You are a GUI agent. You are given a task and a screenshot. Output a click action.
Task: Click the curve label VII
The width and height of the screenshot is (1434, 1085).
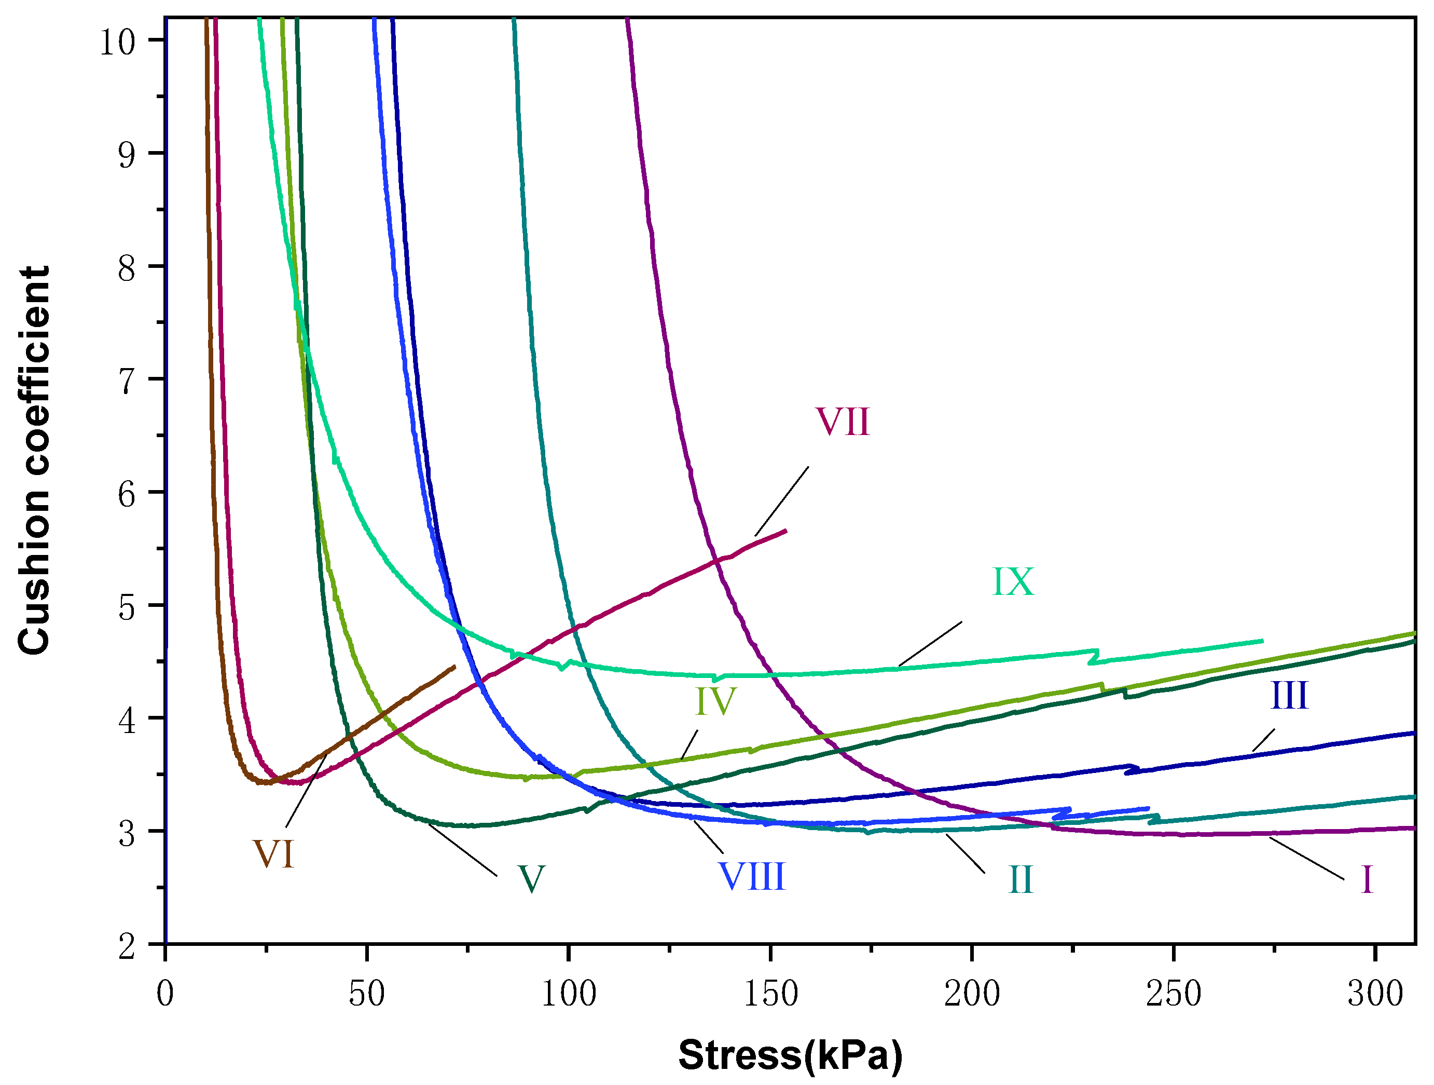(x=842, y=422)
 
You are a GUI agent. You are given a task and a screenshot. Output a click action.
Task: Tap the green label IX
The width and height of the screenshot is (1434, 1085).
(x=1013, y=582)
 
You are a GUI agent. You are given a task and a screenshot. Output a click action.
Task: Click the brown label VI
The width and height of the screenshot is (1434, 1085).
(x=273, y=854)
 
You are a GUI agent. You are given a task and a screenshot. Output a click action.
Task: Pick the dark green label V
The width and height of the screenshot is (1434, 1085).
(x=531, y=879)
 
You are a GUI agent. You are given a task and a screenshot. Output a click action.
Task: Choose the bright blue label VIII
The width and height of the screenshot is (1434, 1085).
(x=752, y=877)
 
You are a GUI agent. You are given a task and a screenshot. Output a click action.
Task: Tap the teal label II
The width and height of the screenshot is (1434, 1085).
(x=1021, y=880)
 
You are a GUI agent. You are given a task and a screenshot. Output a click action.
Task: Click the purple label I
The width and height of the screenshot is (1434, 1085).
(x=1367, y=880)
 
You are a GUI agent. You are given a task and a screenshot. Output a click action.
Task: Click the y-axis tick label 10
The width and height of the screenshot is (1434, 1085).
(x=117, y=43)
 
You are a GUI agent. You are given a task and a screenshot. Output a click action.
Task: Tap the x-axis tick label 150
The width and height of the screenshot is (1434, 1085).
(x=770, y=994)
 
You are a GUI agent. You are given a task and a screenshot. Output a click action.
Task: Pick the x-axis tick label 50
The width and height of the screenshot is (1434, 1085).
(x=366, y=994)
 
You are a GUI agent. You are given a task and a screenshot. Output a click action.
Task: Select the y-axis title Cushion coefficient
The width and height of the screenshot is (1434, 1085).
(x=34, y=460)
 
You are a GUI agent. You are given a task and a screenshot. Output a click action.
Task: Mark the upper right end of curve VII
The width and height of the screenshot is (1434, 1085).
(x=785, y=531)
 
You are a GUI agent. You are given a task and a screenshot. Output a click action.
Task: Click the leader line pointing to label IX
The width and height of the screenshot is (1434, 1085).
(x=930, y=644)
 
